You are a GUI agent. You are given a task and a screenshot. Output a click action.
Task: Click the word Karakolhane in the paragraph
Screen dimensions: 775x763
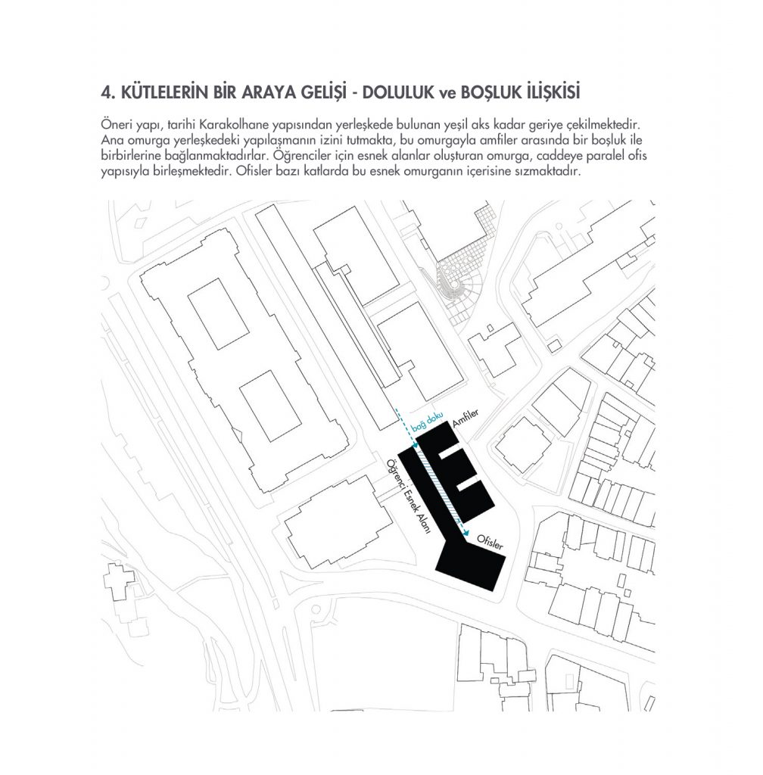[241, 123]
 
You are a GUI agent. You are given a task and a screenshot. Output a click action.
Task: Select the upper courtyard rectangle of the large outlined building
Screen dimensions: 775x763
[218, 313]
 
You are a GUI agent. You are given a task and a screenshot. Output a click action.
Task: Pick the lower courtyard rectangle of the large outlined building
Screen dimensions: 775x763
[270, 405]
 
